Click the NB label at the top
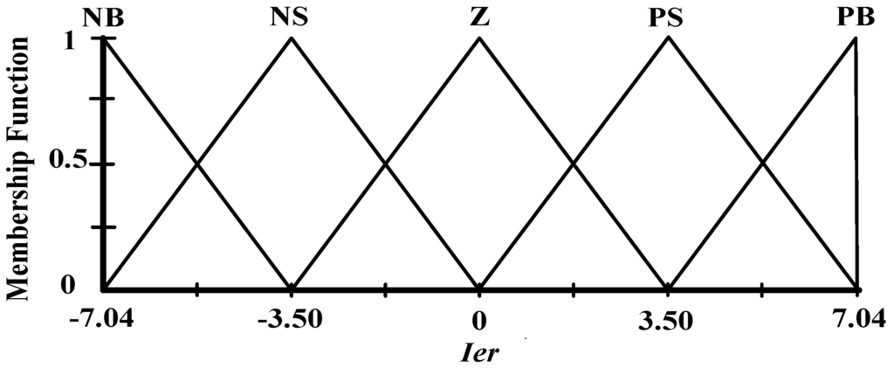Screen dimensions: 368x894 tap(104, 17)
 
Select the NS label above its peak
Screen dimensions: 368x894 tap(290, 17)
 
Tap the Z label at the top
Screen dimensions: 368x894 tap(479, 17)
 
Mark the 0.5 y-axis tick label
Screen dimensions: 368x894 tap(69, 164)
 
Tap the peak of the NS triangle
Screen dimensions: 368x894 tap(291, 38)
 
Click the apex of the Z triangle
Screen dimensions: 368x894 tap(479, 38)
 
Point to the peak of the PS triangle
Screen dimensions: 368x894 tap(669, 38)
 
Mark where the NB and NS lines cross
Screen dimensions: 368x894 tap(197, 163)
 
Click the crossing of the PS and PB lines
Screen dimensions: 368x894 tap(762, 163)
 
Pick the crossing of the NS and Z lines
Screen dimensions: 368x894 tap(385, 163)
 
